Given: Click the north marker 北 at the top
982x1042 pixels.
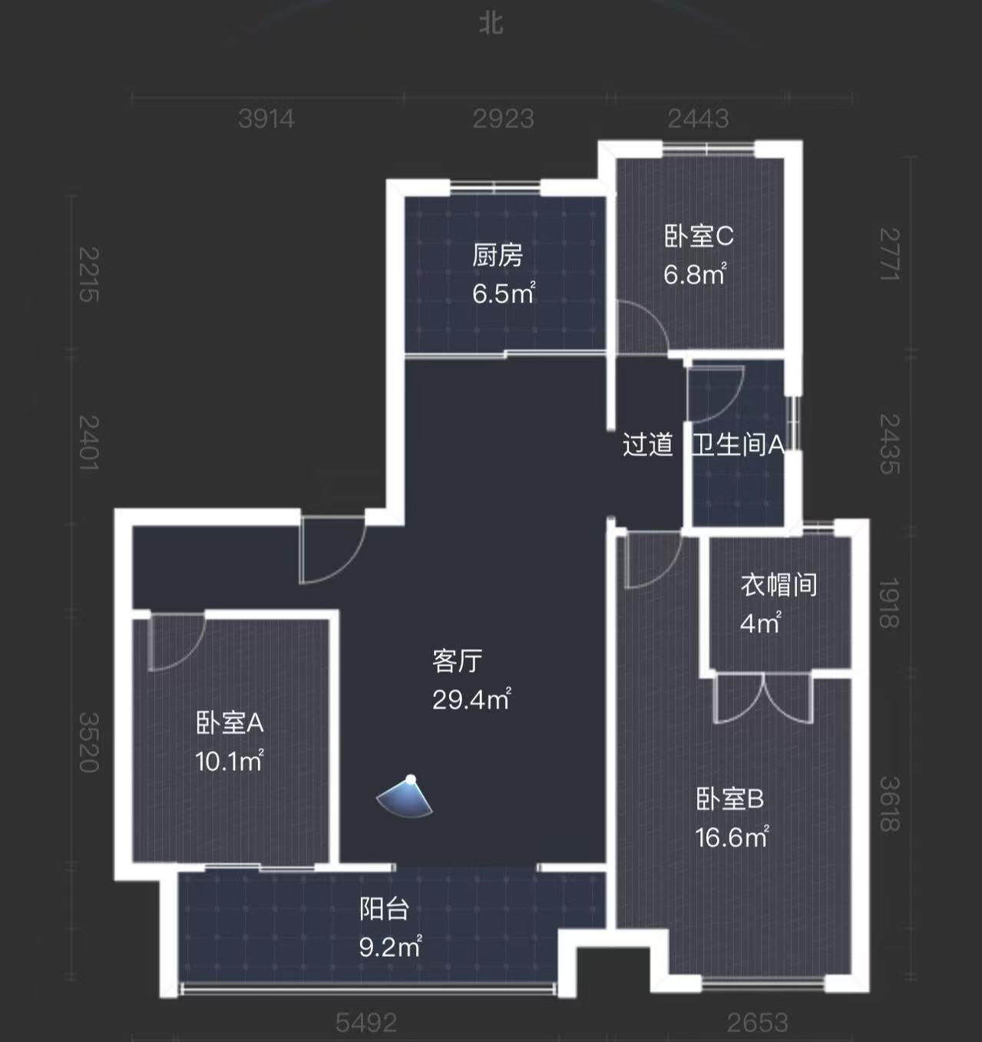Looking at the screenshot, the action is [x=491, y=24].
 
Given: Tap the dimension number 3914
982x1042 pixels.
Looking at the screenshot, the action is [x=266, y=119].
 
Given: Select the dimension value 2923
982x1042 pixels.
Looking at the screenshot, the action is [x=504, y=119].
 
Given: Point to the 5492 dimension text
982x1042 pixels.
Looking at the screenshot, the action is [x=365, y=1023].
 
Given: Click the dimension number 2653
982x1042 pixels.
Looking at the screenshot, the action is [x=757, y=1023].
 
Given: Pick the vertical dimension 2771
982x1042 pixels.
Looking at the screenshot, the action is [x=890, y=254].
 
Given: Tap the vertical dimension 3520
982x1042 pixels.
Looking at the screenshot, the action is [x=89, y=742].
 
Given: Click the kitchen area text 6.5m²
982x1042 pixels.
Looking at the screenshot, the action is [x=504, y=293].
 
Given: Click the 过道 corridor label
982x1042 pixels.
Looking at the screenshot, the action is [x=648, y=445].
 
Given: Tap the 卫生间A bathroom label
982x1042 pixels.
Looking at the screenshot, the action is [x=737, y=445].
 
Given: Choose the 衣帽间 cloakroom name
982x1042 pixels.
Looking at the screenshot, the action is [x=779, y=585].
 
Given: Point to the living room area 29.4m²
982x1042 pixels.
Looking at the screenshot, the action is [x=471, y=700].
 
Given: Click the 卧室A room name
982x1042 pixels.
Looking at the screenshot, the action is [x=230, y=723].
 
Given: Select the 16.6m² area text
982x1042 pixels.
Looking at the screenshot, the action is [x=732, y=837].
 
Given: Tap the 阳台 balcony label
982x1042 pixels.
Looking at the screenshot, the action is [x=384, y=909].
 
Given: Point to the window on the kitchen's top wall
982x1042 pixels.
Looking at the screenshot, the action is [x=495, y=187].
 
